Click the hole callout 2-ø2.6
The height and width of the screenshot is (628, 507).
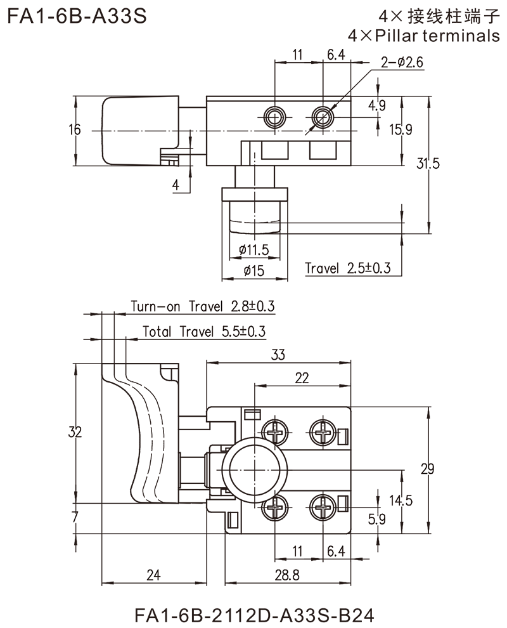pos(403,62)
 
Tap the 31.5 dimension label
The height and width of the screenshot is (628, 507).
pos(428,165)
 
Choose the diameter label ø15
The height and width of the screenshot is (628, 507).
pos(257,270)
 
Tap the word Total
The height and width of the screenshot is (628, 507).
pos(155,331)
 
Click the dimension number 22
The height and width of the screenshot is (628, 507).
pos(302,378)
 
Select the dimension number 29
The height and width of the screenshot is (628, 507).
pos(427,469)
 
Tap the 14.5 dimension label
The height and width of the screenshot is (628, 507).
pos(402,501)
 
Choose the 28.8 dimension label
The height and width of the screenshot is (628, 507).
pos(288,575)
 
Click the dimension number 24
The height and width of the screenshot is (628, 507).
pos(153,575)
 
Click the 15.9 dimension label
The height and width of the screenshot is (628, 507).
pos(402,131)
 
